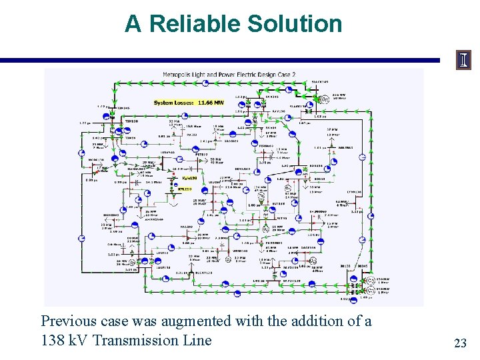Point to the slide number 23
coord(460,343)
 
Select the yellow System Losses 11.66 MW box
coord(189,103)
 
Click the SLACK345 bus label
coord(320,82)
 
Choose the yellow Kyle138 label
coord(189,178)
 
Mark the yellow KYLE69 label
coord(185,189)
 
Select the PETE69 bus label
coord(201,153)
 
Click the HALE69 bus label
coord(186,227)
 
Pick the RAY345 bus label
coord(272,97)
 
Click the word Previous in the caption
coord(67,321)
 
